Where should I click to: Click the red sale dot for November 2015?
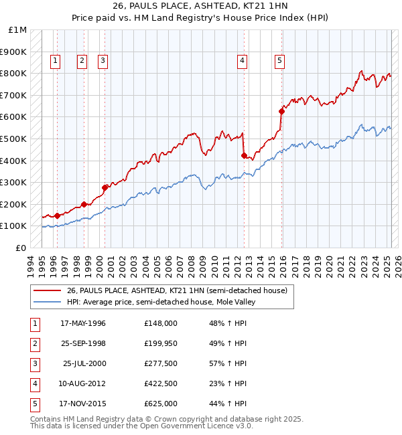tap(281, 112)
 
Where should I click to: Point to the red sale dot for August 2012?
tap(244, 156)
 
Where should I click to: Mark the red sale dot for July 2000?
tap(105, 187)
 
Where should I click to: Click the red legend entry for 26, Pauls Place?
tap(177, 290)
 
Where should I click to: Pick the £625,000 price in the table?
tap(161, 404)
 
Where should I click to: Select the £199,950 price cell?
tap(161, 343)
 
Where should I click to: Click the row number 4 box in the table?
tap(34, 384)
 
